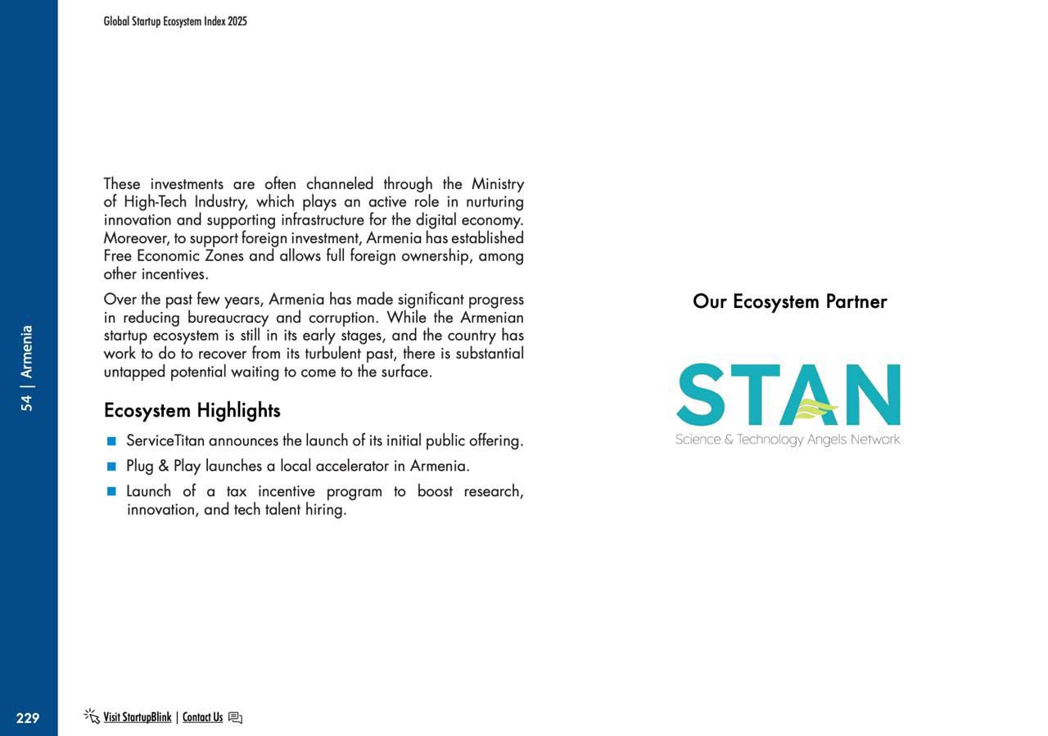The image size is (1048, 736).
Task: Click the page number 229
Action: point(27,718)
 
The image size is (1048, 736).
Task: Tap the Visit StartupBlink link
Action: point(137,717)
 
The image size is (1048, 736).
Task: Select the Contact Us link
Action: point(202,717)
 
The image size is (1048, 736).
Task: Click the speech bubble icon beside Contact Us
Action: point(235,718)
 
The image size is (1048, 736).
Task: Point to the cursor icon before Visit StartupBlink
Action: point(92,716)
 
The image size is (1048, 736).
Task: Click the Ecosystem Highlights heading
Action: point(192,410)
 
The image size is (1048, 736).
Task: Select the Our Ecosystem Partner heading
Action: point(789,301)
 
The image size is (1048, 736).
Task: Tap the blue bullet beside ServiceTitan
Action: point(111,441)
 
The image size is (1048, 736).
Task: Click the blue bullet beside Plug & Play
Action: point(111,467)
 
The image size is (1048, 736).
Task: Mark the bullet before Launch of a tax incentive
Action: point(111,492)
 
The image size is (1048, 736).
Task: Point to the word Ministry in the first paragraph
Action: point(497,183)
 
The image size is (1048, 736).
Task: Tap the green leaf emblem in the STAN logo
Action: point(815,409)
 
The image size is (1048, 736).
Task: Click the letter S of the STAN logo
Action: point(701,395)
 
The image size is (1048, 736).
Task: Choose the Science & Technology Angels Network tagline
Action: point(787,440)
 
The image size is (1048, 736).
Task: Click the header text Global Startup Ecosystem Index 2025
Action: point(175,21)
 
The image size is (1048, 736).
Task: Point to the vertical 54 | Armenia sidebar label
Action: point(27,368)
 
